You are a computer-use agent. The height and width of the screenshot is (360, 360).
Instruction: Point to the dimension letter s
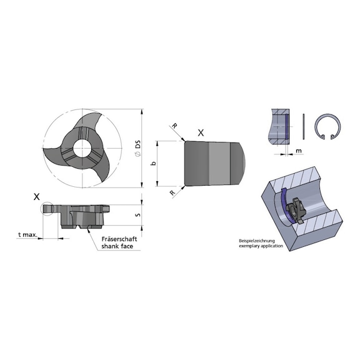(x=138, y=216)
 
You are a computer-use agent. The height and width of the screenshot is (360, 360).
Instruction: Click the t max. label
(x=28, y=235)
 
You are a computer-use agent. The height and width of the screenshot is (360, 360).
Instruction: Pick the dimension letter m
(x=299, y=151)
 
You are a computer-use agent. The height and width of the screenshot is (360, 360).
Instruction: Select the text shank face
(x=117, y=247)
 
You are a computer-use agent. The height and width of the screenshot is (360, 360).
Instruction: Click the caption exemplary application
(x=261, y=247)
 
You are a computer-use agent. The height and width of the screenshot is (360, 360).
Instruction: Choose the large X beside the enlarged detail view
(x=201, y=133)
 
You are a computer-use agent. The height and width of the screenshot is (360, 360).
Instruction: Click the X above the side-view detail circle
(x=37, y=196)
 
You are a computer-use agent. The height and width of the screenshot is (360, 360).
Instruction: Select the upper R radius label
(x=174, y=126)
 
